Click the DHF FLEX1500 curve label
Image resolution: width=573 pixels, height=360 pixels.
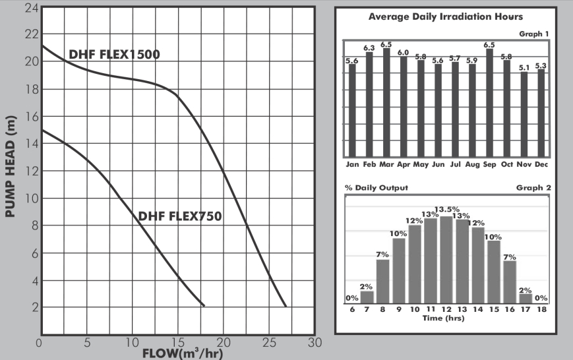115,54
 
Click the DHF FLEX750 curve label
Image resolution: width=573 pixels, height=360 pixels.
179,216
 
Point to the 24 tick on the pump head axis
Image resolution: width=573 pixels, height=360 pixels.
30,7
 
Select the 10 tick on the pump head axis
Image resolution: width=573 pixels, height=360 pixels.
30,198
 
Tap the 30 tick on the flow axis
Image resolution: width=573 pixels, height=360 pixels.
315,342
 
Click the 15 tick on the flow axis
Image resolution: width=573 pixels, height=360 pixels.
177,342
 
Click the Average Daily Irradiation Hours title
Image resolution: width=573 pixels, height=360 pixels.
446,16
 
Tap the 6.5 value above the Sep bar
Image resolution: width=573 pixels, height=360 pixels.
489,45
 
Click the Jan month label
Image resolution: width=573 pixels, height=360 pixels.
352,164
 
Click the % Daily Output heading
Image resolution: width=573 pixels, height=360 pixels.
377,187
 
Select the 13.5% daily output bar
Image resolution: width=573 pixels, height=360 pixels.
446,259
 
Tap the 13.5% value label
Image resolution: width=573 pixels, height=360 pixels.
446,210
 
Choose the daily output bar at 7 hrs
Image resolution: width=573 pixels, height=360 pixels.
367,297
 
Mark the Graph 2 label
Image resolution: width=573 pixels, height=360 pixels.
533,187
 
